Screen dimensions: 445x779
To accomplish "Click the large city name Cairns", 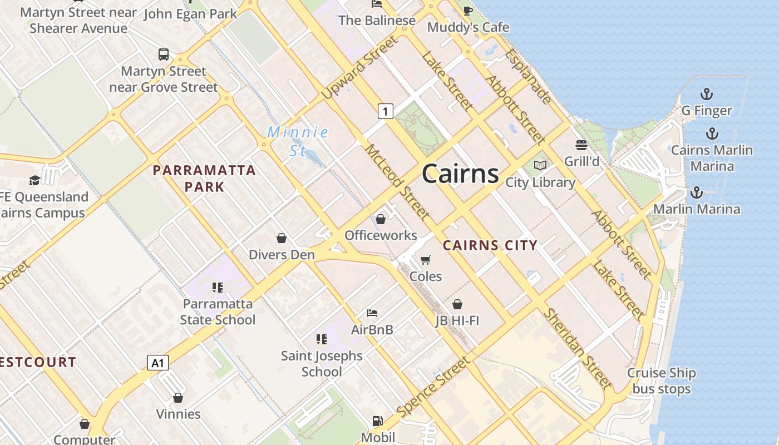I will pyautogui.click(x=460, y=174).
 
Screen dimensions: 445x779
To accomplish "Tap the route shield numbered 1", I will pyautogui.click(x=385, y=111).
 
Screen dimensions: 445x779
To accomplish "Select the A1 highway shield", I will pyautogui.click(x=158, y=363).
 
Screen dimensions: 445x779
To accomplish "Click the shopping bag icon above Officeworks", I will pyautogui.click(x=381, y=220).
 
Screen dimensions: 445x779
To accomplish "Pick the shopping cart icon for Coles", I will pyautogui.click(x=426, y=260).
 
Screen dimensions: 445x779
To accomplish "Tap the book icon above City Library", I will pyautogui.click(x=540, y=165).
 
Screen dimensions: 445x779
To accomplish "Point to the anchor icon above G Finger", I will pyautogui.click(x=707, y=94).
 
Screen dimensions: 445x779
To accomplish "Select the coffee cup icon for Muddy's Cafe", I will pyautogui.click(x=468, y=11).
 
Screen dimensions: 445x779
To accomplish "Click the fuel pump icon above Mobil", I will pyautogui.click(x=378, y=421).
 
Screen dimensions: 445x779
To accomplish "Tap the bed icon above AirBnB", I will pyautogui.click(x=372, y=313).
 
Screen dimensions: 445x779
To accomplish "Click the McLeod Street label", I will pyautogui.click(x=397, y=182).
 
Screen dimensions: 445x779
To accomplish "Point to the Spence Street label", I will pyautogui.click(x=434, y=388).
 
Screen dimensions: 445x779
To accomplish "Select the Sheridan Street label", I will pyautogui.click(x=577, y=349).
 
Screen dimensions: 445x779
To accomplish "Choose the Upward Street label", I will pyautogui.click(x=360, y=67).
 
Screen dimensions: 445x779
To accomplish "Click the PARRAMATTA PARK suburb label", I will pyautogui.click(x=204, y=179).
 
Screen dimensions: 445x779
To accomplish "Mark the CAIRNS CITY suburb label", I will pyautogui.click(x=490, y=245).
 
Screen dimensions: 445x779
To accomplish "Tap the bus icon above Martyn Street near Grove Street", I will pyautogui.click(x=164, y=55).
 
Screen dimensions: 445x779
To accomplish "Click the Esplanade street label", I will pyautogui.click(x=529, y=77).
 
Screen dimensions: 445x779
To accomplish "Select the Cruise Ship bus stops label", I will pyautogui.click(x=662, y=381).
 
